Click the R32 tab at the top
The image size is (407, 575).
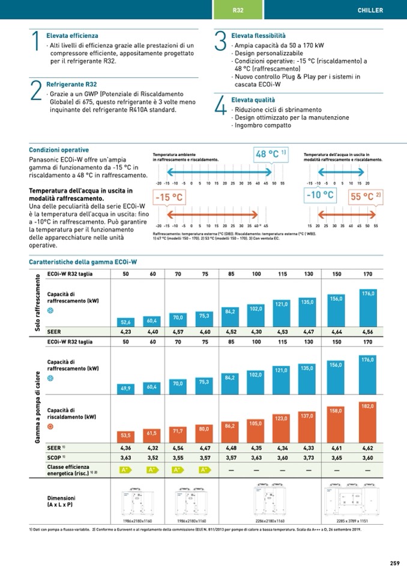[x=238, y=10]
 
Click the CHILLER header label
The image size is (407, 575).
[x=370, y=10]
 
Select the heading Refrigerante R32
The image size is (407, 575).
[x=71, y=85]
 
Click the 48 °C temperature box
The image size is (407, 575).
[x=271, y=154]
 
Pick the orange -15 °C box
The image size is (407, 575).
[x=169, y=197]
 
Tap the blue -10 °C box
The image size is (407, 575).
[x=320, y=195]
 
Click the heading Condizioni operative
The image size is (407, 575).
[x=59, y=150]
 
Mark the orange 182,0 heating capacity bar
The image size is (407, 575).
[x=368, y=422]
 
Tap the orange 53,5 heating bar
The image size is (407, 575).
[x=125, y=435]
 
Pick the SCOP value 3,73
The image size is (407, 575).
[x=308, y=458]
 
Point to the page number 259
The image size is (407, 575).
[x=394, y=562]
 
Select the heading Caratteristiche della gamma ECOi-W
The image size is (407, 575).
[x=83, y=262]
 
